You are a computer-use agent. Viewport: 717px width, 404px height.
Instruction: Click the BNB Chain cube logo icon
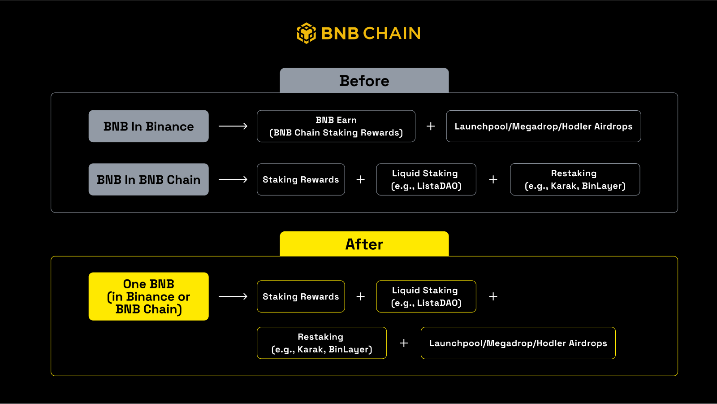[307, 33]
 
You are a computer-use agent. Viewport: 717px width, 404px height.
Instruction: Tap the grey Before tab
[364, 81]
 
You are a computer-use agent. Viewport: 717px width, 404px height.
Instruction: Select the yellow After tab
[364, 244]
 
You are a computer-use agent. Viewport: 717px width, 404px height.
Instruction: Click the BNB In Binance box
[148, 126]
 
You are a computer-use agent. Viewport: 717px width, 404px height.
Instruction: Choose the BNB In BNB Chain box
[148, 179]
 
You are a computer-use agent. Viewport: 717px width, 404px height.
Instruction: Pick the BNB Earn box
[336, 126]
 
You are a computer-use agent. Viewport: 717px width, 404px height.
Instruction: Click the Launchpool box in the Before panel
[543, 126]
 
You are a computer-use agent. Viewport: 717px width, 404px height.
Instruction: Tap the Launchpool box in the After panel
[518, 343]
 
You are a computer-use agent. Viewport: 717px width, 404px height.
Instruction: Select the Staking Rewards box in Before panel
[300, 179]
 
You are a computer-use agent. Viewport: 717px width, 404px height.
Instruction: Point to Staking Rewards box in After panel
[300, 296]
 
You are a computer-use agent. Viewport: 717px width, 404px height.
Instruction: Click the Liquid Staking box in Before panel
[426, 179]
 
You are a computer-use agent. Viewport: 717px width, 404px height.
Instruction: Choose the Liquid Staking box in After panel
[426, 296]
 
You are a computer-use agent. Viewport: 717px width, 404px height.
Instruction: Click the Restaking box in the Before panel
[574, 179]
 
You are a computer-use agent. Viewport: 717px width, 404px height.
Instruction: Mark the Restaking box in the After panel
[321, 343]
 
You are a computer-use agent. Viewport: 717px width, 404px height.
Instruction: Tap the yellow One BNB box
[148, 296]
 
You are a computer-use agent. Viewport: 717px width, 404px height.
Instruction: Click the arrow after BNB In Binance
[233, 126]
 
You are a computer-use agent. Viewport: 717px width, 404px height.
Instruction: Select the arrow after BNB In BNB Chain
[233, 179]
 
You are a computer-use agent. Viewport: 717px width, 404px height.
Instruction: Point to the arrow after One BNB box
[233, 296]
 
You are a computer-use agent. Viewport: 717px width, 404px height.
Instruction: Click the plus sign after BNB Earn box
[431, 126]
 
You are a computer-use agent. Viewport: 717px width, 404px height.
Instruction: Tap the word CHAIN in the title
[392, 33]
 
